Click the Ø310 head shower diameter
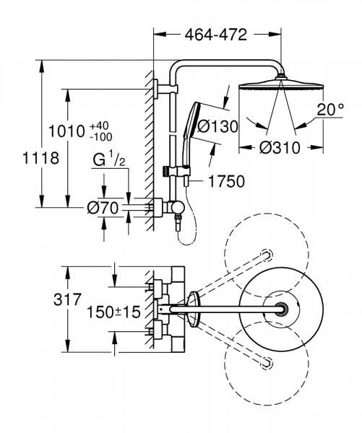click(280, 148)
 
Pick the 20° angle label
click(331, 110)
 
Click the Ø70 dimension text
click(103, 208)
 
